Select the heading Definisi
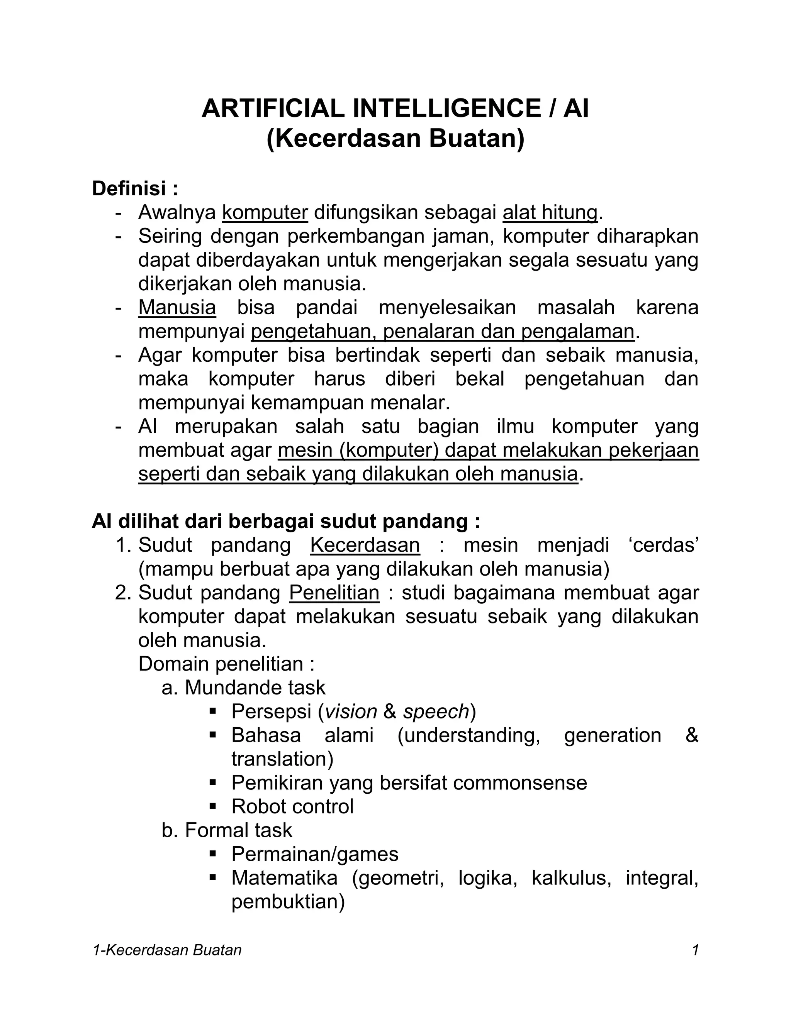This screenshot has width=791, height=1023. [130, 189]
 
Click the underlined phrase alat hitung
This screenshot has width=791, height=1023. [550, 212]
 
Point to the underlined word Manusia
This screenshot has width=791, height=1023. [177, 308]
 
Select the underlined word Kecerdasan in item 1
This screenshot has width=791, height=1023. [365, 545]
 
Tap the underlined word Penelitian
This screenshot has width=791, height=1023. [334, 593]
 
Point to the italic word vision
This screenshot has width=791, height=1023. [351, 711]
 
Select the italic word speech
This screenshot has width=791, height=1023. [436, 711]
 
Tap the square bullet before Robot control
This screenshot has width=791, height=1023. [213, 806]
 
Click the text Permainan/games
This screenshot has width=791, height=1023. [314, 854]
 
